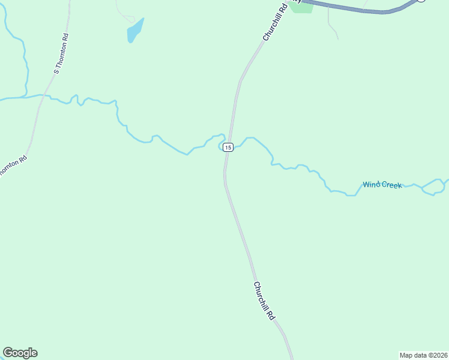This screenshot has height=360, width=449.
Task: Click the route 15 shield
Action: click(228, 147)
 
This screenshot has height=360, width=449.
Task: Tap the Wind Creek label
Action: click(382, 185)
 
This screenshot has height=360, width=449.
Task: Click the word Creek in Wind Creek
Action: click(391, 185)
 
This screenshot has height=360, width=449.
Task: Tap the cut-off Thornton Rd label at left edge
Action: click(12, 166)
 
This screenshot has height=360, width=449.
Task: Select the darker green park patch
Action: click(301, 8)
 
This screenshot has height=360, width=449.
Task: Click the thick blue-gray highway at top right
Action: click(360, 8)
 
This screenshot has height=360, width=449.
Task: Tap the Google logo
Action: click(20, 353)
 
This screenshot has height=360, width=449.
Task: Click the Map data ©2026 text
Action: click(423, 355)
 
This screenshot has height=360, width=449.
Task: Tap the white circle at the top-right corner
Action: click(421, 1)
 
